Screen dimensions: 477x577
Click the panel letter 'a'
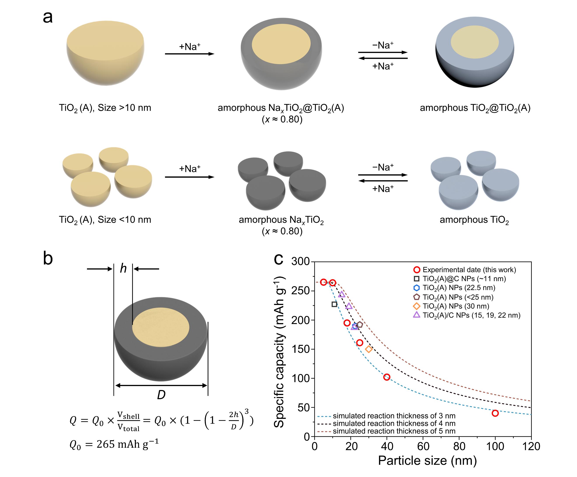(x=48, y=17)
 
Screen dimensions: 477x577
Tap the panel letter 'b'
(x=48, y=259)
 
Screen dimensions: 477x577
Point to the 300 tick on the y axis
(x=301, y=261)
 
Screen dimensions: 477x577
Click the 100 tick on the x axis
(x=495, y=446)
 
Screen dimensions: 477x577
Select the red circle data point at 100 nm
(x=495, y=413)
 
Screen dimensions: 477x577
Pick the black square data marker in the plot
(x=334, y=304)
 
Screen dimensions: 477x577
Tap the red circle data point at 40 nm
(x=387, y=377)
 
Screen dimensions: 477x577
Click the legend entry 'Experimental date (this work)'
(x=469, y=270)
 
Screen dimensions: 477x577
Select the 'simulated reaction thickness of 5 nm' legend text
(x=394, y=431)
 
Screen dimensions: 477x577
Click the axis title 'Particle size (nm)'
(x=427, y=461)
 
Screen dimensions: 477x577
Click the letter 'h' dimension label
(x=123, y=268)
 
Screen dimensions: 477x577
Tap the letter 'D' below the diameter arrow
(x=161, y=395)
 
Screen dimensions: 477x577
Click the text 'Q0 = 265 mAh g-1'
(x=114, y=444)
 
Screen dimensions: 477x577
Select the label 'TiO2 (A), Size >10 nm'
(x=105, y=108)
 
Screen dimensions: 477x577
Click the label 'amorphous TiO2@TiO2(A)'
(x=475, y=108)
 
